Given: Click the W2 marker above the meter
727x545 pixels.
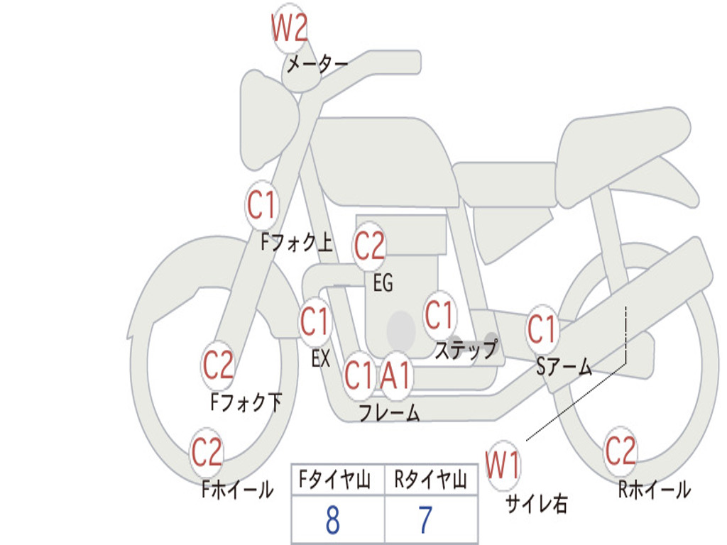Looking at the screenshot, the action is click(290, 28).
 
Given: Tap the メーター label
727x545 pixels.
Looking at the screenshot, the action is click(317, 64).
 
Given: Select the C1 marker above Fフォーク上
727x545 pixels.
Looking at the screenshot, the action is click(262, 205).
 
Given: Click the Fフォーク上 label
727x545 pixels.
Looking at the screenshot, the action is click(297, 242).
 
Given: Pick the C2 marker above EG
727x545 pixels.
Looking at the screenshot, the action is click(369, 246).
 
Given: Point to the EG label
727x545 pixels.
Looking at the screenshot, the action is click(383, 282).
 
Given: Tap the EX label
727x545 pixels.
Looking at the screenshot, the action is click(321, 358).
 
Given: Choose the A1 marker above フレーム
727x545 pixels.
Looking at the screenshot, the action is click(395, 375).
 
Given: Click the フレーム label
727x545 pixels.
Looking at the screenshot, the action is click(390, 412).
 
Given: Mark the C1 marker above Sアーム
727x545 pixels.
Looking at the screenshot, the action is click(542, 329).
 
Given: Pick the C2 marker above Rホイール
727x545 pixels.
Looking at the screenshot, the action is click(621, 451).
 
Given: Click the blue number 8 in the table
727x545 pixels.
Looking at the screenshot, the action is click(333, 520).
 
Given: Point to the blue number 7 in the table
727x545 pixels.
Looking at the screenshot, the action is click(426, 520).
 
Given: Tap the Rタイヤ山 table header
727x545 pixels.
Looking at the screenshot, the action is click(431, 480).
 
